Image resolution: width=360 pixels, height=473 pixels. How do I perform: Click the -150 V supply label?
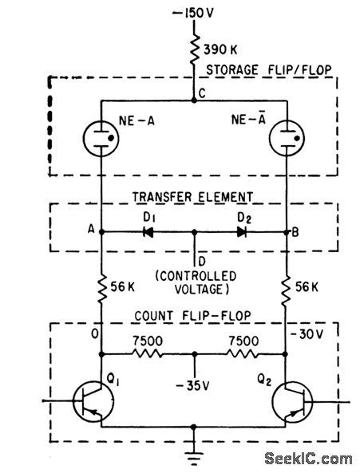[194, 15]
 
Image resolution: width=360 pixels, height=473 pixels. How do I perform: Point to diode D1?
[147, 232]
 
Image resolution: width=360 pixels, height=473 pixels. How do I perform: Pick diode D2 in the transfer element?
[242, 232]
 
